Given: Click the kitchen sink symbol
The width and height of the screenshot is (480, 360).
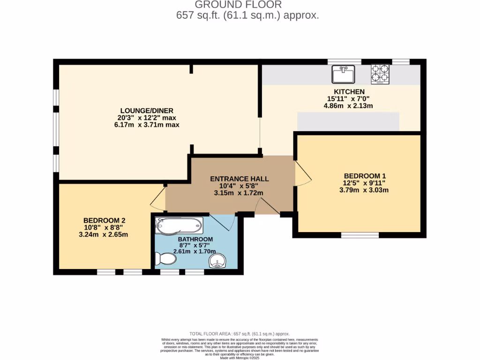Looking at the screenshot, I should (344, 74).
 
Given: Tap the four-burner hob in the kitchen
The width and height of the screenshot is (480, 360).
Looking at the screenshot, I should (380, 74).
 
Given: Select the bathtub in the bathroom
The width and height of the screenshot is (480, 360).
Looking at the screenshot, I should (180, 225).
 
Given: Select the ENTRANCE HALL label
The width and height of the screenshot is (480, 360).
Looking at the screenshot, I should (240, 179).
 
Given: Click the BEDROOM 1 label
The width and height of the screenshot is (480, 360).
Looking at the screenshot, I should (363, 176).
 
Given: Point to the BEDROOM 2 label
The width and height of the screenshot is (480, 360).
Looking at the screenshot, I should (104, 220).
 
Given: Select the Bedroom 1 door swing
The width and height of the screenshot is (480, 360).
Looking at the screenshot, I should (302, 174).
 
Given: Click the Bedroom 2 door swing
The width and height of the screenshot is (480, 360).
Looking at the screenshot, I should (158, 200).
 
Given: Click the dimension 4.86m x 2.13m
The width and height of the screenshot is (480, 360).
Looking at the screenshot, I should (349, 105).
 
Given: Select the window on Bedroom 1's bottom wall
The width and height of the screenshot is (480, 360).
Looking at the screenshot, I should (360, 235).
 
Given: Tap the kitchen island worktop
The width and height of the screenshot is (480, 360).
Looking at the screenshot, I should (348, 122).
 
